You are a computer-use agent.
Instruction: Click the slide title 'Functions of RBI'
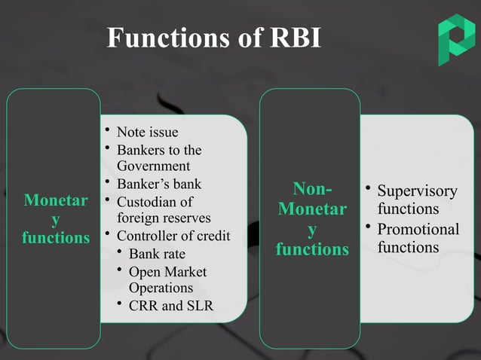(x=214, y=38)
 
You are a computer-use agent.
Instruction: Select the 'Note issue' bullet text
(x=147, y=133)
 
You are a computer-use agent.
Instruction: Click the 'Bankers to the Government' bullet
(x=158, y=158)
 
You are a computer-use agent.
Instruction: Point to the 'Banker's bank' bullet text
(x=158, y=184)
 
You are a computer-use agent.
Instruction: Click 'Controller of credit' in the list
(x=173, y=236)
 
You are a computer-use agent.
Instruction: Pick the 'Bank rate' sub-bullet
(x=157, y=254)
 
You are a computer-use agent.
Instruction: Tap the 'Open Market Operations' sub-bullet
(x=167, y=279)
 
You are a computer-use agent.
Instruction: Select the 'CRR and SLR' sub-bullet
(x=170, y=305)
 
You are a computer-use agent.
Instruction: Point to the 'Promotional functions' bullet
(x=416, y=237)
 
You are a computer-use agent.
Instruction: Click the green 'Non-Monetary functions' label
(x=311, y=218)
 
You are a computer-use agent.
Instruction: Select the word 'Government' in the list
(x=153, y=166)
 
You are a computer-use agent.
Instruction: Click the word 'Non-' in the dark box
(x=311, y=189)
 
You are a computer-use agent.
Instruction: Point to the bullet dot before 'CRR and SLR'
(x=121, y=303)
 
